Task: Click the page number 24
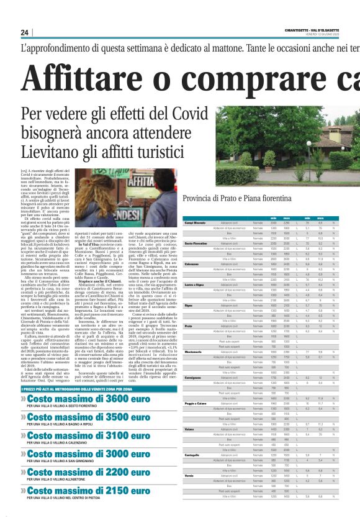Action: (x=25, y=32)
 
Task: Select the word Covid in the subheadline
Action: (x=174, y=115)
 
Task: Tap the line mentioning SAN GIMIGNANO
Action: (x=81, y=461)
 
